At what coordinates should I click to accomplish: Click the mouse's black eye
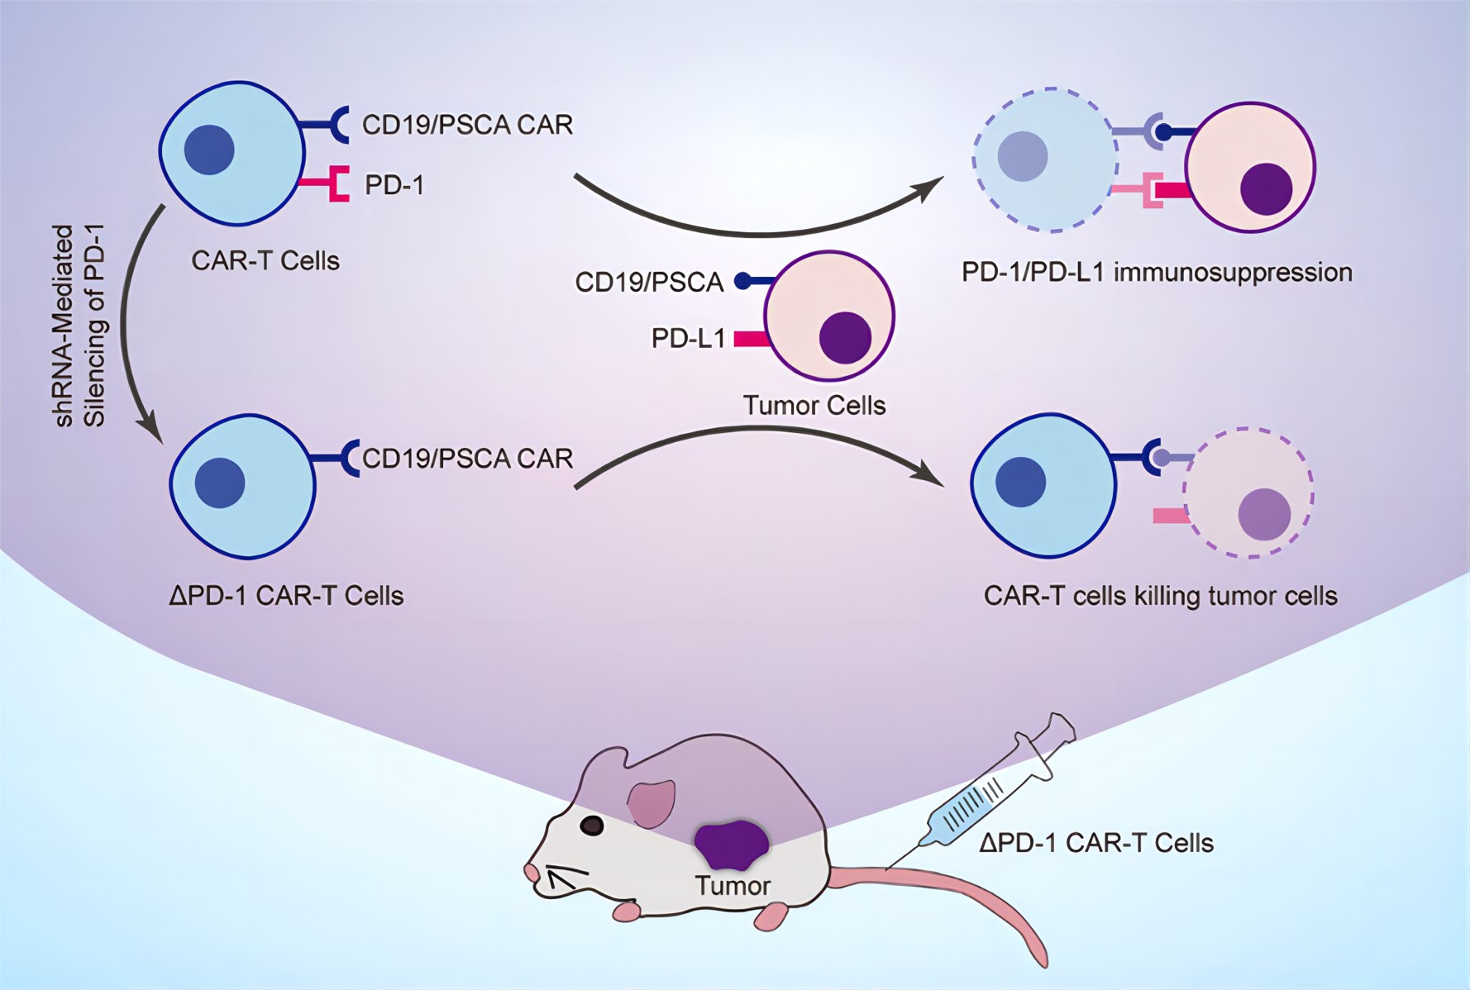coord(592,825)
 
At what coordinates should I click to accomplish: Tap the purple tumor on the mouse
coord(731,845)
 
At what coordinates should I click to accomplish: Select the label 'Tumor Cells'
coord(814,406)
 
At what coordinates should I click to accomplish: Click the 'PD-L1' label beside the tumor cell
coord(688,338)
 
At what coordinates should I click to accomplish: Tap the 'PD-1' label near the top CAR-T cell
coord(394,185)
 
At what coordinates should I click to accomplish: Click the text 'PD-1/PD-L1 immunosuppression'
coord(1156,272)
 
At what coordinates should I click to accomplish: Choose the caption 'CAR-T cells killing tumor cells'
coord(1159,596)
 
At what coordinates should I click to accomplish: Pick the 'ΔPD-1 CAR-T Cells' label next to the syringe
coord(1095,843)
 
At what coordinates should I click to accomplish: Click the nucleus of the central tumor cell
coord(845,337)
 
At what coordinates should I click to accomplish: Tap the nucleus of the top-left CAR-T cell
coord(209,150)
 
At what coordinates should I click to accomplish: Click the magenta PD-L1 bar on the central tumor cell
coord(751,338)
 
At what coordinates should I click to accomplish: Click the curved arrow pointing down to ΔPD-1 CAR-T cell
coord(129,322)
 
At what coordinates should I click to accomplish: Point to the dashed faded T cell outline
coord(1046,159)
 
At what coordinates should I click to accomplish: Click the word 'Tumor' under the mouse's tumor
coord(733,886)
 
